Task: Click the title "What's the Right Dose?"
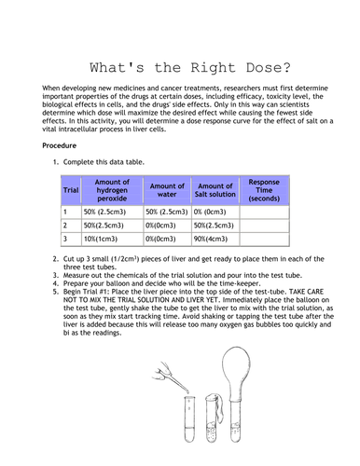pyautogui.click(x=181, y=67)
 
